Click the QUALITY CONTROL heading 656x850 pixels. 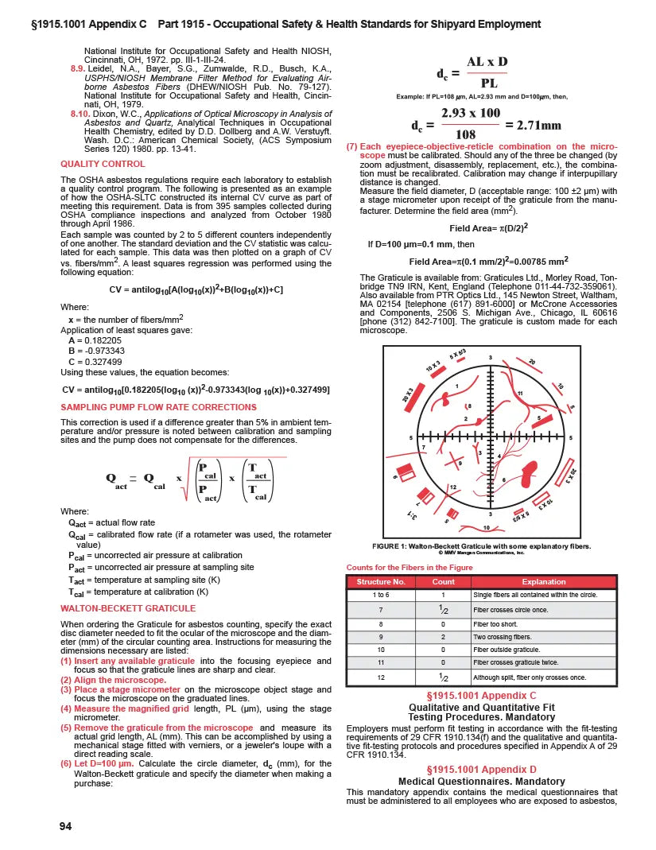pos(103,164)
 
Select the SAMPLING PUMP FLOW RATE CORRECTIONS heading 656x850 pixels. pos(147,406)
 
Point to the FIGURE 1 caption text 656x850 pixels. pos(482,545)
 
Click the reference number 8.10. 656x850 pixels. pos(78,114)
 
